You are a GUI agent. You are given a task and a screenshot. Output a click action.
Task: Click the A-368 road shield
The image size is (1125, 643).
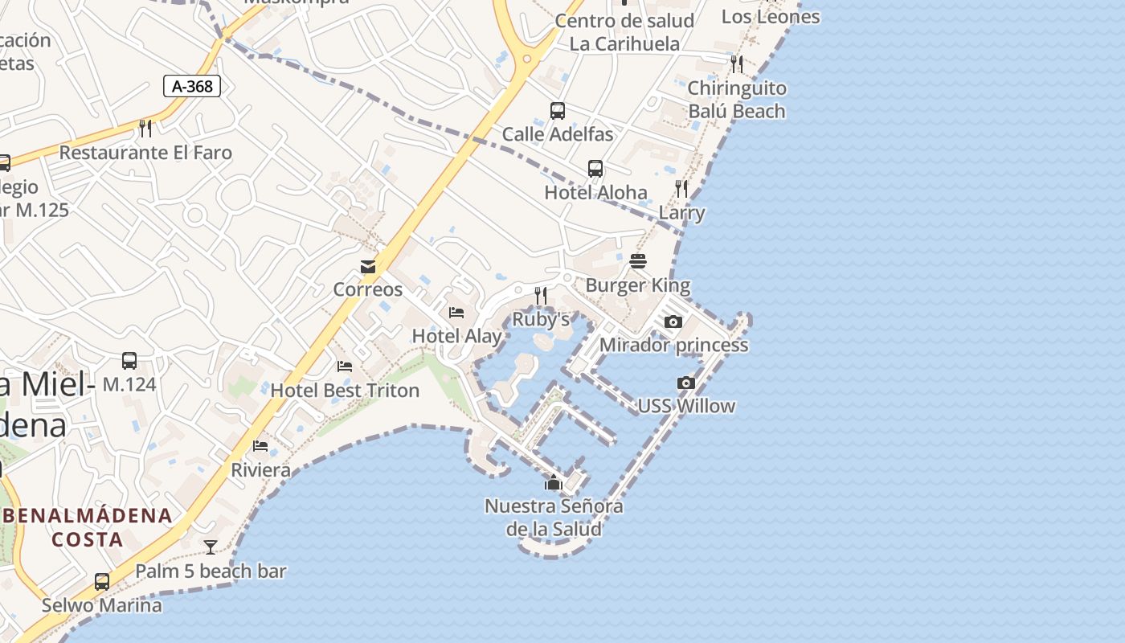point(192,86)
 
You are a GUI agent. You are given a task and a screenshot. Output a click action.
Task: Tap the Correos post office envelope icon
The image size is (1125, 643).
point(368,267)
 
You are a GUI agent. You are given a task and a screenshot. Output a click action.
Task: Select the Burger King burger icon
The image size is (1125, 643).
point(638,261)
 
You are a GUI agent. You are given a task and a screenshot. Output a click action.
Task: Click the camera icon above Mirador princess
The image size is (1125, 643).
point(673,322)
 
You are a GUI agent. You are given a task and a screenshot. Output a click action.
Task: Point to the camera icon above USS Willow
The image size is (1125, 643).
point(686,383)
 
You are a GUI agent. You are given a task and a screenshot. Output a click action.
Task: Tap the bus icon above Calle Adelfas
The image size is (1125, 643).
point(558,111)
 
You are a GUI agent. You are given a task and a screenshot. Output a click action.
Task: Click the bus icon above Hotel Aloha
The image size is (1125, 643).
point(595,169)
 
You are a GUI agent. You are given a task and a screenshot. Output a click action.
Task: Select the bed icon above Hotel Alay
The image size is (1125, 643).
point(456,313)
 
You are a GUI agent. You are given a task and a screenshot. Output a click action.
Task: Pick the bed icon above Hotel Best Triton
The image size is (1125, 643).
point(345,367)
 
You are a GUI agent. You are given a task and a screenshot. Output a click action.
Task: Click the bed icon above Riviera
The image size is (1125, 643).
point(260,446)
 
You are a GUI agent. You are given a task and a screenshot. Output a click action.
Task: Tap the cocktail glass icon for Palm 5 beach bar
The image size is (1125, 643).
point(211,547)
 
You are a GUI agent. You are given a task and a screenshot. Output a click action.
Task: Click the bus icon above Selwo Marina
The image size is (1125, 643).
point(102,582)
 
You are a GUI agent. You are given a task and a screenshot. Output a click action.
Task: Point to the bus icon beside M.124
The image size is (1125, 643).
point(129,361)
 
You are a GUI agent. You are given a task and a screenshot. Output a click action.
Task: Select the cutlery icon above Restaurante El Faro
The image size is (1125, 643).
point(145,129)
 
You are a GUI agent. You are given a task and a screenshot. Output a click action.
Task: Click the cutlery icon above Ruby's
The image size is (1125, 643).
point(541,296)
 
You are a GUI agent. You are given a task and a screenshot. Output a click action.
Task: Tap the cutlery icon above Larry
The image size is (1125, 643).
point(681,189)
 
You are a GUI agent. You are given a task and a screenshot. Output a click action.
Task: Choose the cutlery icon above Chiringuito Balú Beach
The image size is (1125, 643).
point(736,63)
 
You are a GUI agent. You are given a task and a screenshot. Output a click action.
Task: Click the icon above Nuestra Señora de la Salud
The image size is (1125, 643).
point(553,482)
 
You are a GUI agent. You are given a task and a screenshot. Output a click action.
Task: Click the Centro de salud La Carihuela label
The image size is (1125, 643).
point(624,32)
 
